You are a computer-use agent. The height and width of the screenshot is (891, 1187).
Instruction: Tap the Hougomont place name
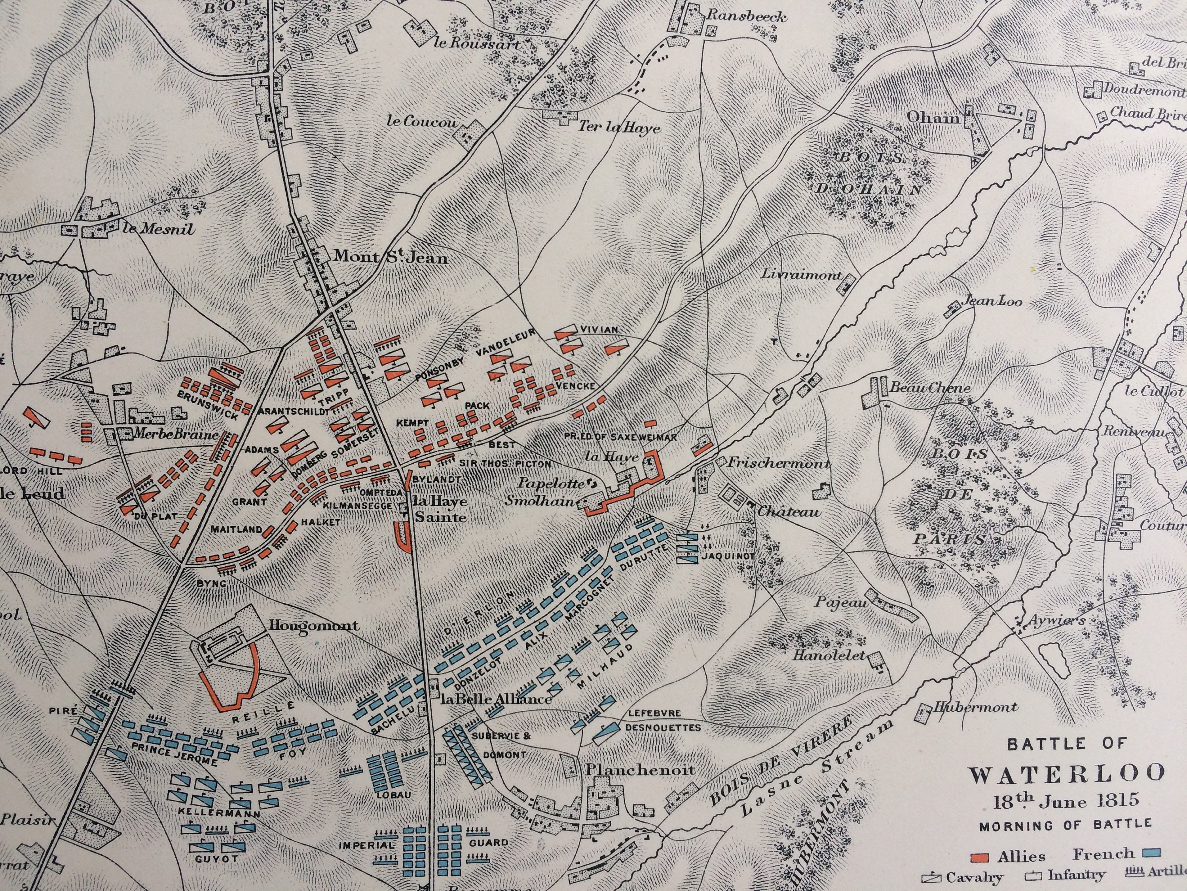coord(314,626)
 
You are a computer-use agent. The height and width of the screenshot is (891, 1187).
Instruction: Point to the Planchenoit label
coord(640,769)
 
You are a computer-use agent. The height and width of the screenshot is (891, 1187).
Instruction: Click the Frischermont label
coord(779,463)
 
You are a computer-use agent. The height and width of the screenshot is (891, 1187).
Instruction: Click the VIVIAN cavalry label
coord(599,329)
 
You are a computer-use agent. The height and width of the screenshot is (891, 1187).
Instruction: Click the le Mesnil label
coord(159,229)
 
